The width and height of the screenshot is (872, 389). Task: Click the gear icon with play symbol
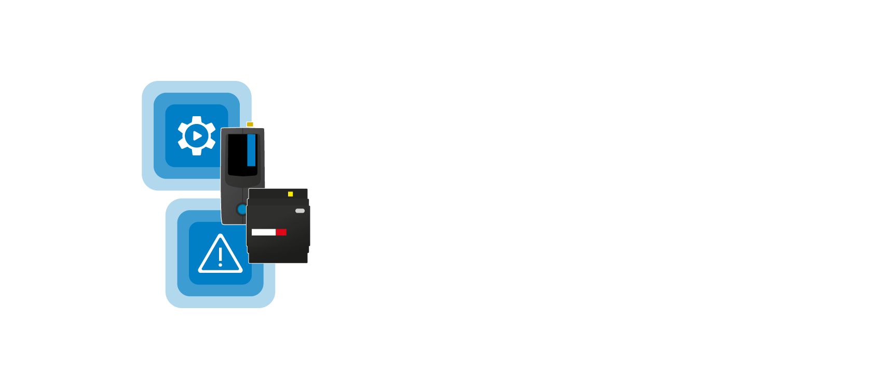tap(197, 136)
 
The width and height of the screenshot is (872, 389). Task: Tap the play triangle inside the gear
tap(197, 136)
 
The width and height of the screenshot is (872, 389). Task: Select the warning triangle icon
tap(220, 254)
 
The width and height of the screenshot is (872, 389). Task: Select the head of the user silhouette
tap(685, 157)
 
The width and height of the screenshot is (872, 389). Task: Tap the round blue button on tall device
tap(242, 209)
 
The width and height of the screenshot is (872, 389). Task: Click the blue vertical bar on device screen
tap(251, 150)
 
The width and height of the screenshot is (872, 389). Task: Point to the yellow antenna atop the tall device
tap(250, 124)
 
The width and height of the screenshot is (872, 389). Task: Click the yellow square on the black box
tap(290, 194)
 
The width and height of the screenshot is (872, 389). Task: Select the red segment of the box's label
tap(281, 232)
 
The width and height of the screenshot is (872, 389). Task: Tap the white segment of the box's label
tap(263, 232)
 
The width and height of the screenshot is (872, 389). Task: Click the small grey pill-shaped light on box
tap(300, 211)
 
